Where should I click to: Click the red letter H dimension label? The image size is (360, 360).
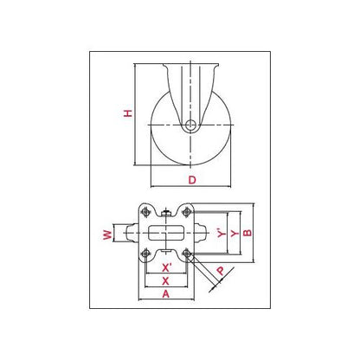(x=128, y=113)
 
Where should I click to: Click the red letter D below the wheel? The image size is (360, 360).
(x=192, y=180)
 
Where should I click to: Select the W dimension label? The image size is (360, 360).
(x=107, y=235)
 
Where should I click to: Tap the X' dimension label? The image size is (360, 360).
(x=166, y=268)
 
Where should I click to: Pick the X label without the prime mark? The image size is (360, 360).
(x=165, y=281)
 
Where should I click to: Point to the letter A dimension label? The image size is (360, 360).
(x=166, y=294)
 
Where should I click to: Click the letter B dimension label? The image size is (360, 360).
(x=247, y=233)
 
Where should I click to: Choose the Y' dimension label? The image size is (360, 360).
(x=222, y=233)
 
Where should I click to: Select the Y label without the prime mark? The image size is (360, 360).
(x=235, y=233)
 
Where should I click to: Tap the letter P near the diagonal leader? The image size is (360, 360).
(x=221, y=271)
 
